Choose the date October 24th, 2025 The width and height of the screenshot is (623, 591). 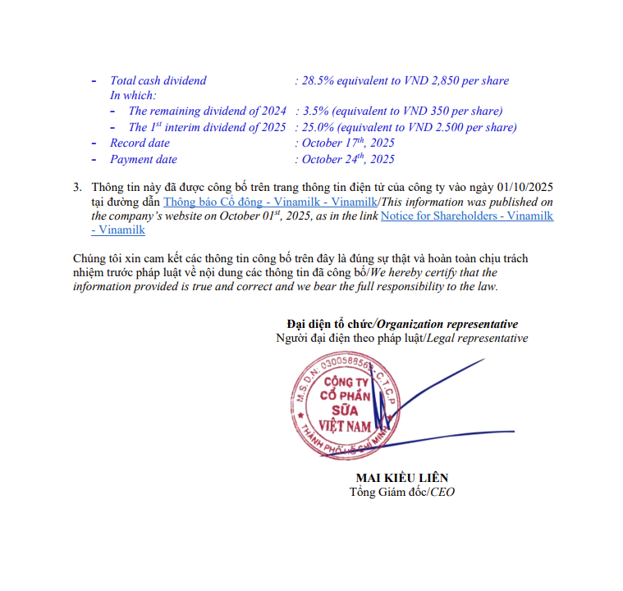tap(348, 160)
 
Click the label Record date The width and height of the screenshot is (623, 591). tap(140, 143)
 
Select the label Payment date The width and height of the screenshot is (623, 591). tap(144, 160)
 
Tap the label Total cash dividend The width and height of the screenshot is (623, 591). tap(158, 81)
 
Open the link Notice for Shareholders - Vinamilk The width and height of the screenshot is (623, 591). tap(466, 216)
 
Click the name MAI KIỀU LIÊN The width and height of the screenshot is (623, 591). tap(402, 479)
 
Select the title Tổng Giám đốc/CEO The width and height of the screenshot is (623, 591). tap(402, 493)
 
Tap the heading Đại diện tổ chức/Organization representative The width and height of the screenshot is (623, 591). tap(402, 325)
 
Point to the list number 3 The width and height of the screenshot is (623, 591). tap(78, 187)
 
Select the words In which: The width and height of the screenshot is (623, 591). tap(132, 96)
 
